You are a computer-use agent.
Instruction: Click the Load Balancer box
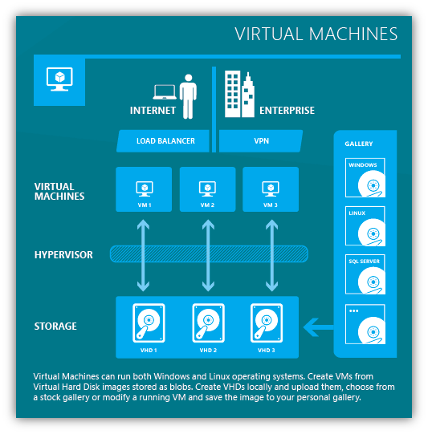pos(163,141)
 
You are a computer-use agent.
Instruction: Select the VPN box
pos(261,141)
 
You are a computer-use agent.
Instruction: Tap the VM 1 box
pos(144,189)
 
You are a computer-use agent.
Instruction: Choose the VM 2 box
pos(207,189)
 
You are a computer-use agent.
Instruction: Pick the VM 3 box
pos(271,189)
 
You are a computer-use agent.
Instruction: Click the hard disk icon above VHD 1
pos(149,323)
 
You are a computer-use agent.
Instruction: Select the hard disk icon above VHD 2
pos(208,323)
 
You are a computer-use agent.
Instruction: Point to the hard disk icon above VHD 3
pos(267,323)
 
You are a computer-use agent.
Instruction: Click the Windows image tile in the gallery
pos(365,178)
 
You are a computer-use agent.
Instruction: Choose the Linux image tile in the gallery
pos(365,226)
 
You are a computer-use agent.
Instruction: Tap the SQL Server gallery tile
pos(365,274)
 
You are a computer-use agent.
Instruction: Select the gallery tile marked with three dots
pos(365,324)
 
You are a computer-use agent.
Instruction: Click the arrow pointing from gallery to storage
pos(319,327)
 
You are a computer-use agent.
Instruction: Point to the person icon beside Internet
pos(188,96)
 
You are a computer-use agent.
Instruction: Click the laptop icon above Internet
pos(165,92)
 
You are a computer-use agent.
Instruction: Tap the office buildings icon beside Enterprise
pos(239,94)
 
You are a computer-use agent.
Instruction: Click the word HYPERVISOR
pos(63,255)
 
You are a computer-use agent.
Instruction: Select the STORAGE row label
pos(55,327)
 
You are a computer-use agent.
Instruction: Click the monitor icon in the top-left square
pos(59,79)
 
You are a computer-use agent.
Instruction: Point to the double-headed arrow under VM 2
pos(208,255)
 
